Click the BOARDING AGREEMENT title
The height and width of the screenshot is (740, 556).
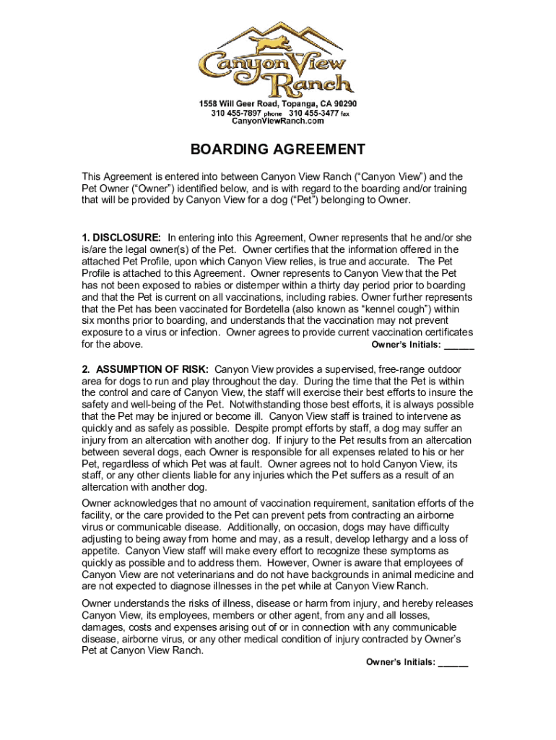pos(278,150)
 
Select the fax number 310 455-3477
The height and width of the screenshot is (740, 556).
pos(314,113)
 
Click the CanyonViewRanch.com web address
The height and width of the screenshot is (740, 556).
pos(278,121)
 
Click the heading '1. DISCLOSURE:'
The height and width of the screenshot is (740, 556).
pos(121,237)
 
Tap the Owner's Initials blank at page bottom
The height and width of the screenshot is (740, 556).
pos(453,663)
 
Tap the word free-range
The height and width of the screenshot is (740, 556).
pos(370,369)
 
